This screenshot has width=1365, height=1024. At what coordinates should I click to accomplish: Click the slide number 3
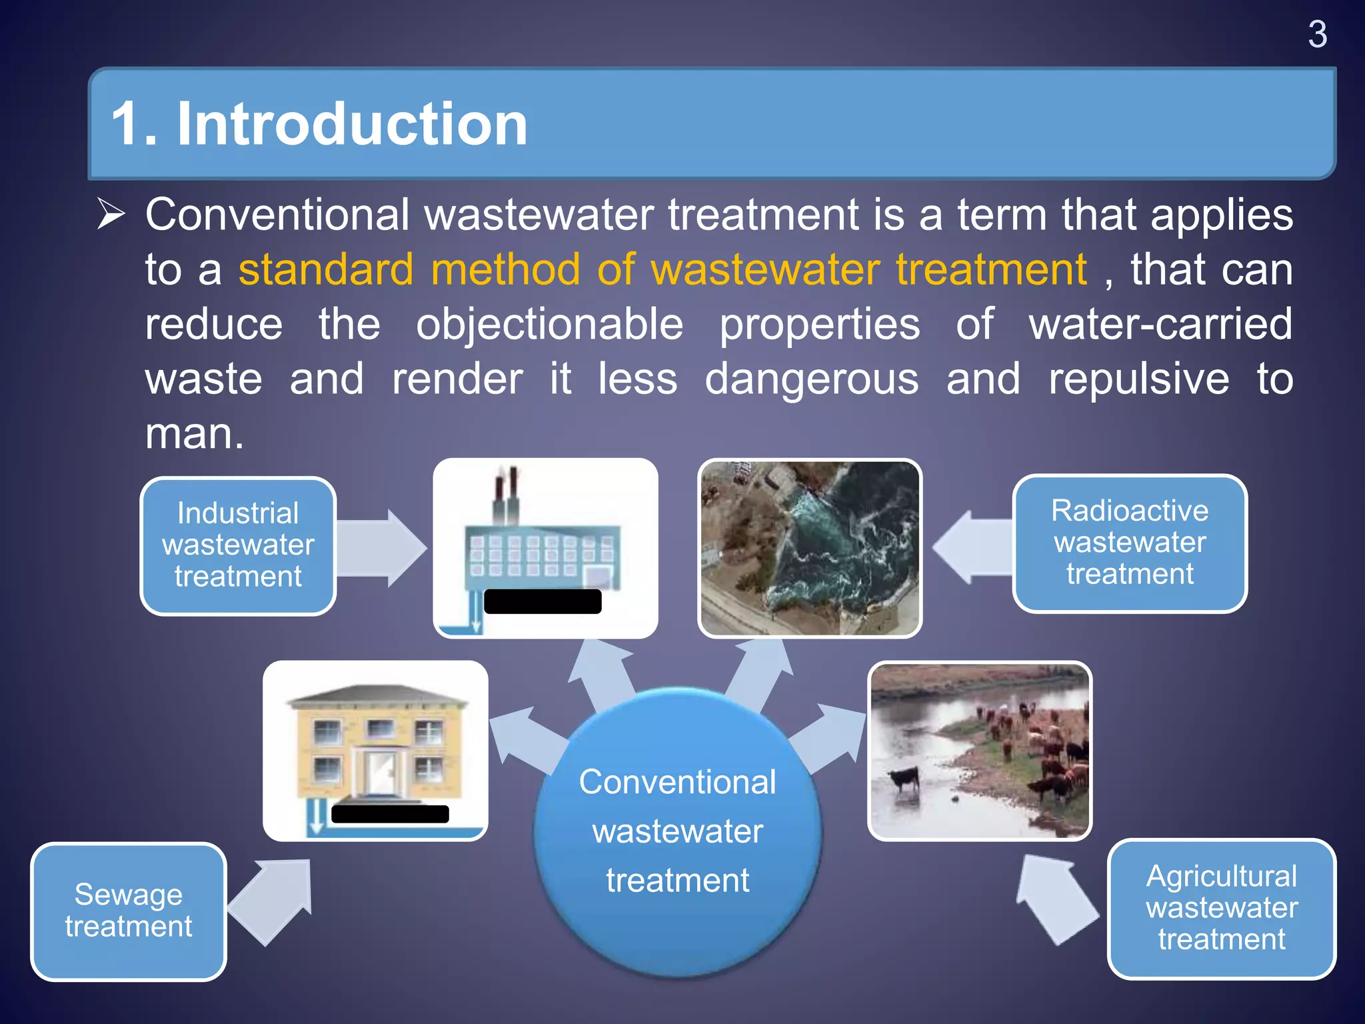coord(1317,35)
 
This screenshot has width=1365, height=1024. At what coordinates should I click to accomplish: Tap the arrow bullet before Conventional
coord(111,214)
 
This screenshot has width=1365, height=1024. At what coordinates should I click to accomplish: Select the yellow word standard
coord(326,270)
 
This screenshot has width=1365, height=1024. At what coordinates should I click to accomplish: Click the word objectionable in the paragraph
coord(549,325)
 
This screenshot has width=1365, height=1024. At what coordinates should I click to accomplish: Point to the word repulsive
coord(1138,379)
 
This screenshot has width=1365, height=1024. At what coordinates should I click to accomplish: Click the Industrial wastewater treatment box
coord(238,545)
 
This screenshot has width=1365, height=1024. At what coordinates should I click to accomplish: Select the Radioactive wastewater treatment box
coord(1129,543)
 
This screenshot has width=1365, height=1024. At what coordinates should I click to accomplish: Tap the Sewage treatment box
coord(129,911)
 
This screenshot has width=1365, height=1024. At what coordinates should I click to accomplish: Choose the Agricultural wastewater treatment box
coord(1221,908)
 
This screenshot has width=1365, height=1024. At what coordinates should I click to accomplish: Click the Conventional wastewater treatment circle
coord(677,831)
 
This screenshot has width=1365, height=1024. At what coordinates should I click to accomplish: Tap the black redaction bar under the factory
coord(543,601)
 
